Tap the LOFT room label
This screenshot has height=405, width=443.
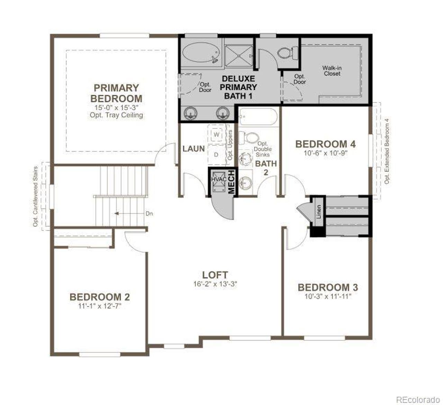(x=215, y=275)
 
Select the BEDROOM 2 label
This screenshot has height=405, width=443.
(x=100, y=297)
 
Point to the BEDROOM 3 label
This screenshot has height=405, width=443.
(x=328, y=287)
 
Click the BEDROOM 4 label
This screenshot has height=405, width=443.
(x=325, y=144)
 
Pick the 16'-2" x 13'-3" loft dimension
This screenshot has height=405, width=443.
(x=215, y=284)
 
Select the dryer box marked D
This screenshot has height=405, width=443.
(x=216, y=154)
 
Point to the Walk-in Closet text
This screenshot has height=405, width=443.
(x=332, y=71)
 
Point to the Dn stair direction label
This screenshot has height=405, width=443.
(x=149, y=214)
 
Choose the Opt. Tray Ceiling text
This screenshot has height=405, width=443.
(x=116, y=115)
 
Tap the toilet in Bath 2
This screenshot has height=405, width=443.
(x=249, y=137)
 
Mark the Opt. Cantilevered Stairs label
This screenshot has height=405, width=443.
(x=35, y=197)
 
